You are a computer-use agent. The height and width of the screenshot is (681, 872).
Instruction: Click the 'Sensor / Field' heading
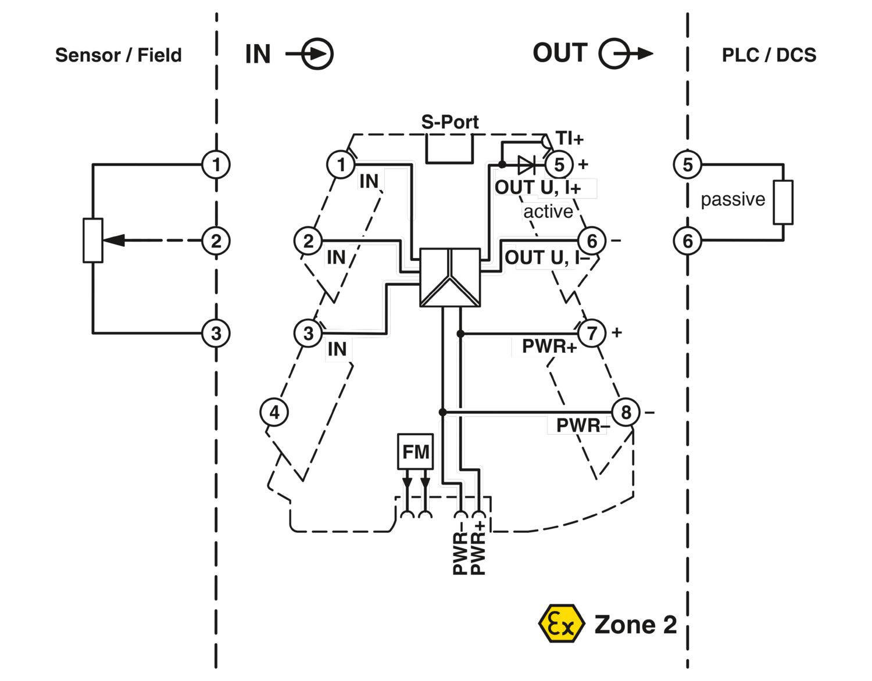click(118, 55)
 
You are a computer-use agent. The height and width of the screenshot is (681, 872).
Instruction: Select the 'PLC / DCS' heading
click(769, 55)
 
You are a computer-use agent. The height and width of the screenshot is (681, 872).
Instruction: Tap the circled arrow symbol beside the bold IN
click(317, 54)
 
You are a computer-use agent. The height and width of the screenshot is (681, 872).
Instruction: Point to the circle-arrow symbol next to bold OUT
click(616, 54)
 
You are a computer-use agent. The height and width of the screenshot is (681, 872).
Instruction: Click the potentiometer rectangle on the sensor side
click(93, 241)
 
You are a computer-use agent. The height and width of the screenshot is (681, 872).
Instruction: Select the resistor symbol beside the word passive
click(783, 202)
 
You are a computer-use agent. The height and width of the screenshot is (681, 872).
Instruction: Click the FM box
click(415, 451)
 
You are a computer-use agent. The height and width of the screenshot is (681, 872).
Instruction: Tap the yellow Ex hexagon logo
click(560, 624)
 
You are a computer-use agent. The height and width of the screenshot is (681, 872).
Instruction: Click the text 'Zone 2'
click(635, 625)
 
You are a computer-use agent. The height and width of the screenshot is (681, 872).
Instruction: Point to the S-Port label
click(450, 122)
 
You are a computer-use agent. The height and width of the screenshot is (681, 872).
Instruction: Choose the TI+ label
click(569, 138)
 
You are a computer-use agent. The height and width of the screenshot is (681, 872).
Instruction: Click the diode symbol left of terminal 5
click(526, 165)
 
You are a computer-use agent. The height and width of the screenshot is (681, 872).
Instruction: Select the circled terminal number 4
click(274, 413)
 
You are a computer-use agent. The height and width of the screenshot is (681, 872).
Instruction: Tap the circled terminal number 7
click(592, 334)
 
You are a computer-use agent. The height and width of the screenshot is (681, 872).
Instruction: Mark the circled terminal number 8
click(626, 413)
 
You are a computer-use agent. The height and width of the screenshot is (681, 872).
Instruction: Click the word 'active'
click(548, 212)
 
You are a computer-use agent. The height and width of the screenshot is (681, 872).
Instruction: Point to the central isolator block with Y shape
click(450, 277)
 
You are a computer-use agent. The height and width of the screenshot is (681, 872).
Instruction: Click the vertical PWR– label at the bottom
click(460, 552)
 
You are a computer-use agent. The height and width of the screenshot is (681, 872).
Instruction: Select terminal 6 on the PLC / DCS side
click(687, 241)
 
